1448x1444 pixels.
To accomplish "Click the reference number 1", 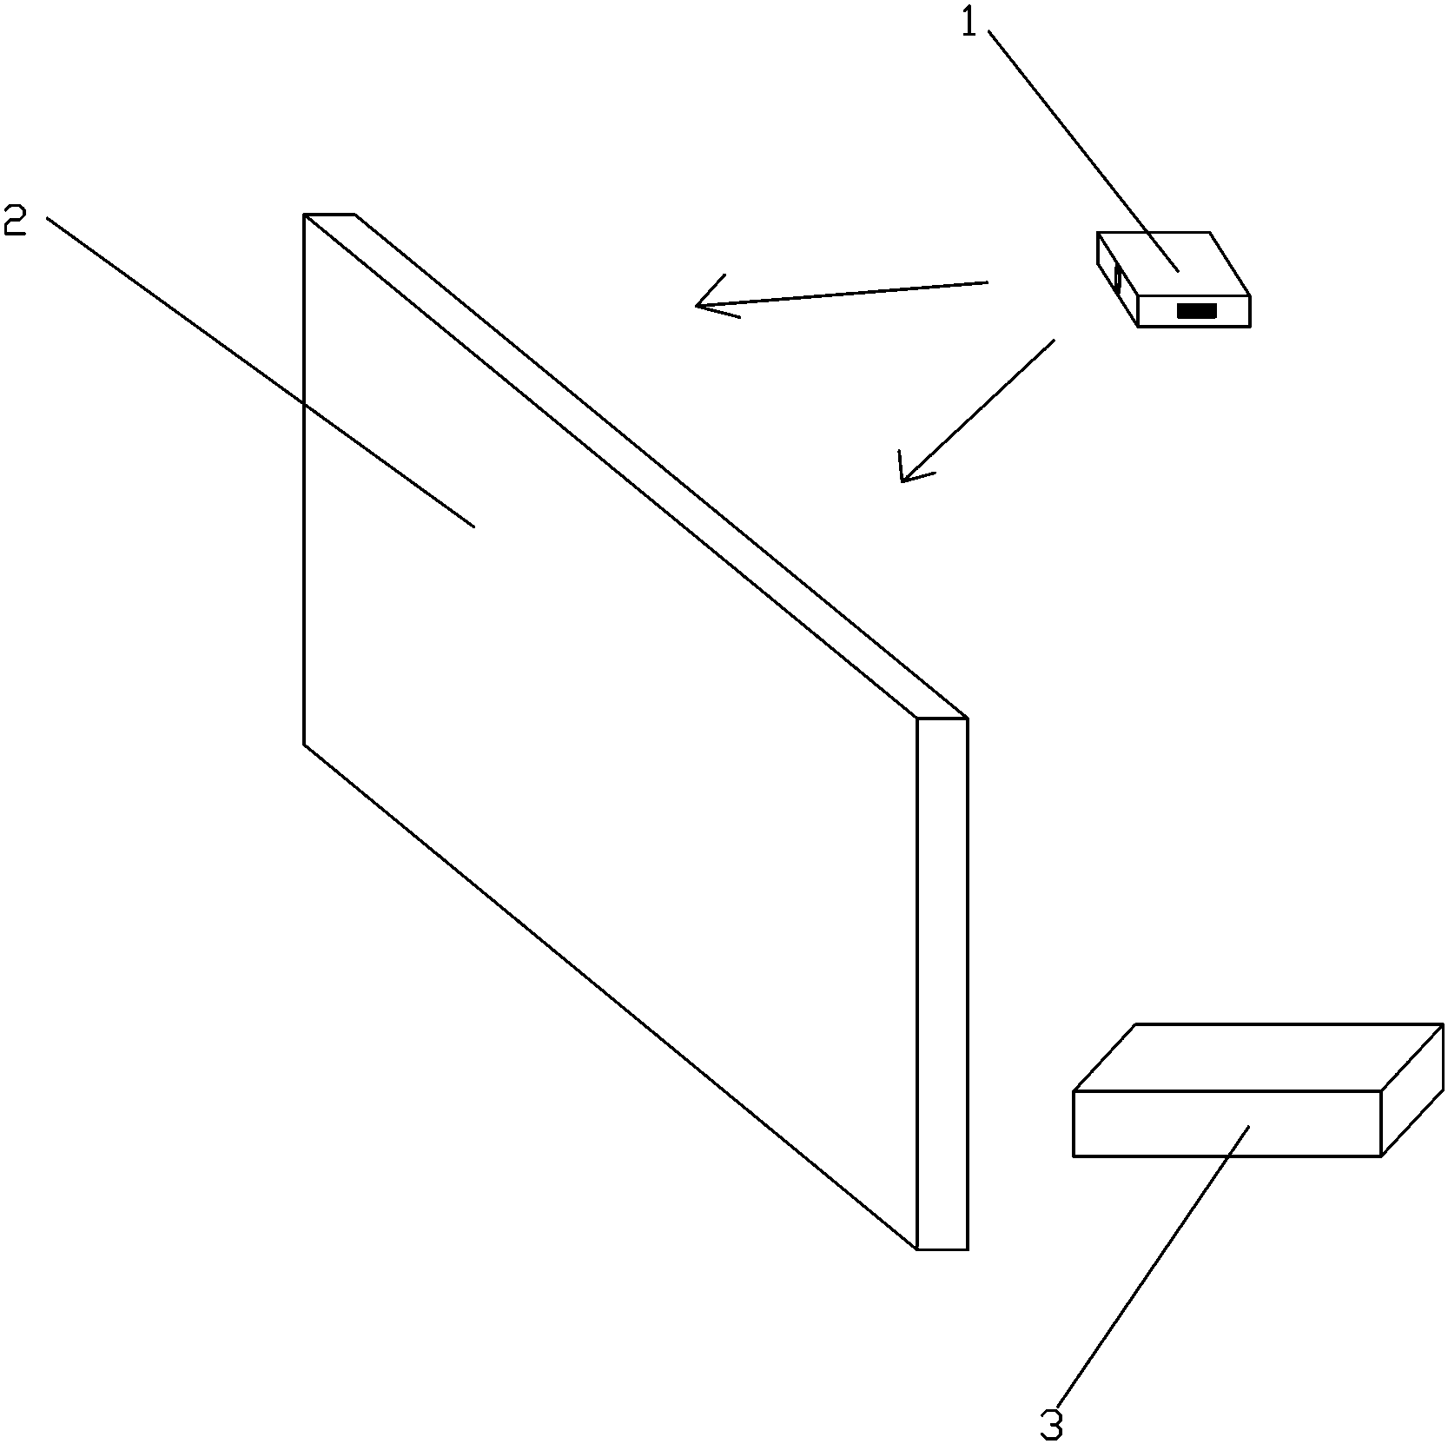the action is click(969, 23).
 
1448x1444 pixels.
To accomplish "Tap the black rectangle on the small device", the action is click(1196, 310).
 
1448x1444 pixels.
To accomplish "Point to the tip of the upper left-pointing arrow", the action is click(697, 305).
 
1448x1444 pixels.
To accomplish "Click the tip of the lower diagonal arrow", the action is click(903, 480).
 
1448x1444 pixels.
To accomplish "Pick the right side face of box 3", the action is click(1412, 1090).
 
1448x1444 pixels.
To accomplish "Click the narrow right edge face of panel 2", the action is click(942, 982).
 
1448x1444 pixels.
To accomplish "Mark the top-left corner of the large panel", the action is click(305, 215).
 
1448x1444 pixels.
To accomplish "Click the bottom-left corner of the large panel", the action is click(305, 744).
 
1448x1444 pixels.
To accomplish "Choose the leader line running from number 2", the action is click(261, 374).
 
